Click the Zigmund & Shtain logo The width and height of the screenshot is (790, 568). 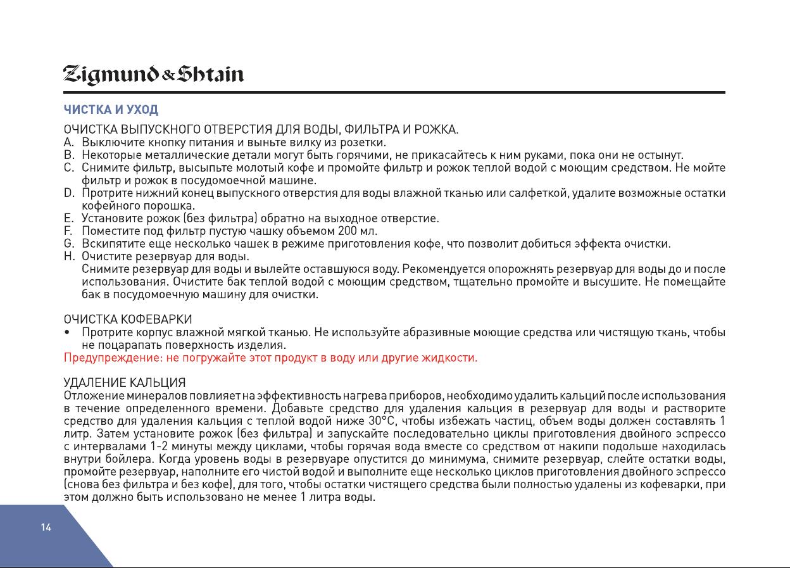click(x=153, y=75)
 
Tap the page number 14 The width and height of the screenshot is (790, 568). click(x=46, y=527)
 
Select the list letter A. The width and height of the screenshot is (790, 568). click(x=69, y=142)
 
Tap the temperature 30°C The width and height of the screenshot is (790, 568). click(x=382, y=420)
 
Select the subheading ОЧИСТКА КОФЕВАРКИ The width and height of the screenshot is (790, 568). click(x=128, y=319)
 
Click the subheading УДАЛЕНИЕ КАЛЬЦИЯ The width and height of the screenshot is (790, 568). click(x=125, y=382)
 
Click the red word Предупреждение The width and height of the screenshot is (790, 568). click(x=110, y=358)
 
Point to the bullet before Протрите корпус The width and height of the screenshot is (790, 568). click(x=67, y=332)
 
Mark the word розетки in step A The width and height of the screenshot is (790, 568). click(x=365, y=142)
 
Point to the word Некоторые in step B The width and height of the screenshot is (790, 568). click(x=112, y=155)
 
